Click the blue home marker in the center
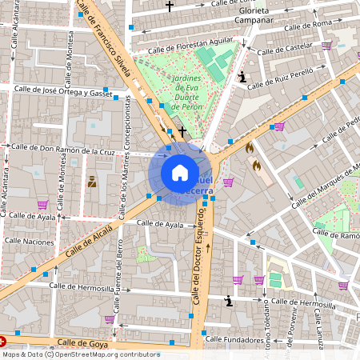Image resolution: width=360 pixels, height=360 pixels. pos(180,173)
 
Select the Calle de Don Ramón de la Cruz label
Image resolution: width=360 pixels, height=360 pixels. pos(63,150)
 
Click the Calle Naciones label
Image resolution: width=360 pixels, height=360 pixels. pos(29,240)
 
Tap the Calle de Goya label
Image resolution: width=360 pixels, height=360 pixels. pos(82,343)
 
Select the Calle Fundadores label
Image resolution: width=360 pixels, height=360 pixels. pos(235,338)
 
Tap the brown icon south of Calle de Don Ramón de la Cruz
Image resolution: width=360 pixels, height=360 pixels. pos(92,181)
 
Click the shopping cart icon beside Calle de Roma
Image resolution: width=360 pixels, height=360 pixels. pos(326,46)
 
